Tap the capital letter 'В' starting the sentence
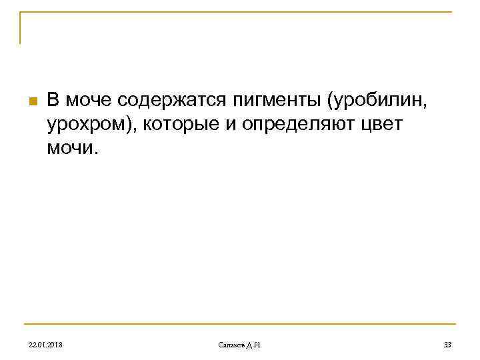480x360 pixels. [x=53, y=101]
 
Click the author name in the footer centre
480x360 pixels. [x=240, y=344]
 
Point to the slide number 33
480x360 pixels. [x=447, y=344]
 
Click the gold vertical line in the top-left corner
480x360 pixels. [x=20, y=28]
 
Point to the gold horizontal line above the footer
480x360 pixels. [x=240, y=325]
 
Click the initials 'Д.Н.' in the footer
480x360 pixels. [x=254, y=344]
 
